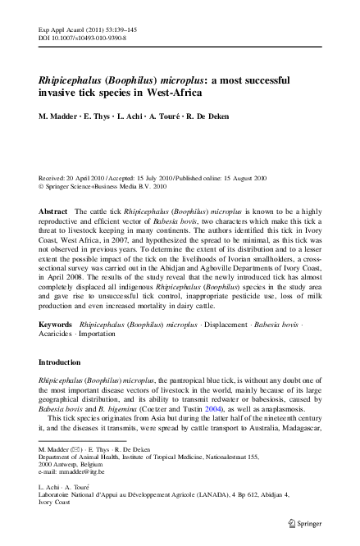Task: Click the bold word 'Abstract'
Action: pos(53,212)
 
